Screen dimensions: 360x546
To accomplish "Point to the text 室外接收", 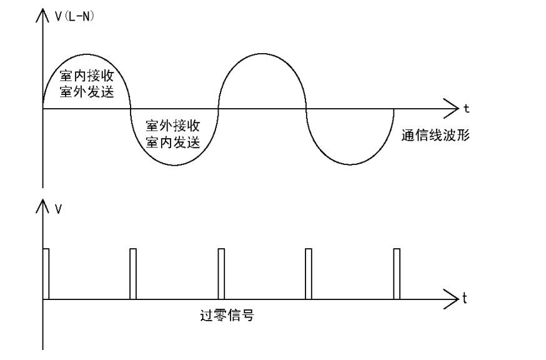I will click(x=172, y=125).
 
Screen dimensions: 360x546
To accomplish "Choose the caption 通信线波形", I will click(x=435, y=134).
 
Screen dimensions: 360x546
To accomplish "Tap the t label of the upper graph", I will click(x=466, y=109).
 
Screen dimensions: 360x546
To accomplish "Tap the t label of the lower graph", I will click(x=464, y=299).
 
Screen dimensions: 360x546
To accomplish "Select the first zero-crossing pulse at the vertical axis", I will click(x=46, y=274).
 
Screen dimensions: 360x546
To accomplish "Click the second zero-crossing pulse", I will click(x=132, y=274).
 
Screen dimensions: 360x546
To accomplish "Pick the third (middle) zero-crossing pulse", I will click(x=221, y=274).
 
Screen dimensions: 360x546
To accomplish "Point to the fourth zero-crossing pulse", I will click(x=308, y=274).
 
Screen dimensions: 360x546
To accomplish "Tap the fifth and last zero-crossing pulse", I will click(x=396, y=274).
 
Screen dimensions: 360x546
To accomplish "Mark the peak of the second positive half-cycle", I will click(x=262, y=54).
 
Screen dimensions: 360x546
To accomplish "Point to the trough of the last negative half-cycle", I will click(x=349, y=165).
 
